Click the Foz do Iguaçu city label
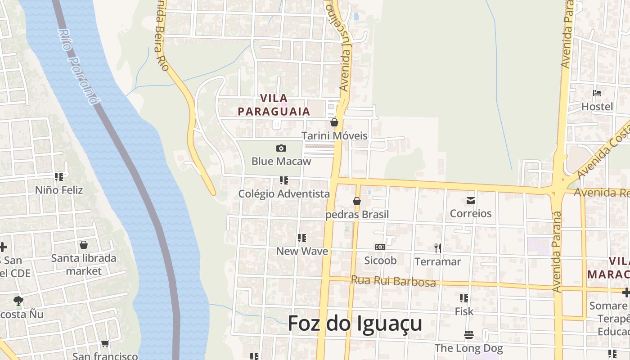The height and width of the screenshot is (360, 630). (x=355, y=324)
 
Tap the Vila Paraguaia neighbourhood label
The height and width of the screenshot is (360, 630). (x=274, y=105)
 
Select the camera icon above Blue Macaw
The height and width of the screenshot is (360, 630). (x=281, y=148)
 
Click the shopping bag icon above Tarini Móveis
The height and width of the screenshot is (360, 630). (x=334, y=122)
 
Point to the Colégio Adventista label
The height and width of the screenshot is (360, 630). (x=284, y=194)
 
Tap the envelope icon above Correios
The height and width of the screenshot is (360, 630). (x=471, y=201)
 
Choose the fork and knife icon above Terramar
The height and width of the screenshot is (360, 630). (x=437, y=248)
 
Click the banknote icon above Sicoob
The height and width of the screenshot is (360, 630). (x=380, y=247)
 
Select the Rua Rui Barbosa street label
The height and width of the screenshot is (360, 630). (x=393, y=281)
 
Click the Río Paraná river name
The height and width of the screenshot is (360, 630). (x=78, y=67)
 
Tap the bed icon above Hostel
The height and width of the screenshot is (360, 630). (x=597, y=94)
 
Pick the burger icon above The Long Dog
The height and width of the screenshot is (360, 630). (x=469, y=335)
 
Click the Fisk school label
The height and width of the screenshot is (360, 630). (x=464, y=311)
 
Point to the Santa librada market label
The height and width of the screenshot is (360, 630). (x=84, y=265)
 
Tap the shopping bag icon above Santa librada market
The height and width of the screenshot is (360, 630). (x=83, y=245)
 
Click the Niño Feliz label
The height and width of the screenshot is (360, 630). (x=59, y=190)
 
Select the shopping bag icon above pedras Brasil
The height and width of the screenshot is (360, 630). (x=357, y=201)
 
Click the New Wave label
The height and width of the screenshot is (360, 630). (x=302, y=251)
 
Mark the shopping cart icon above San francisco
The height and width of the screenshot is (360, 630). (x=105, y=344)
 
